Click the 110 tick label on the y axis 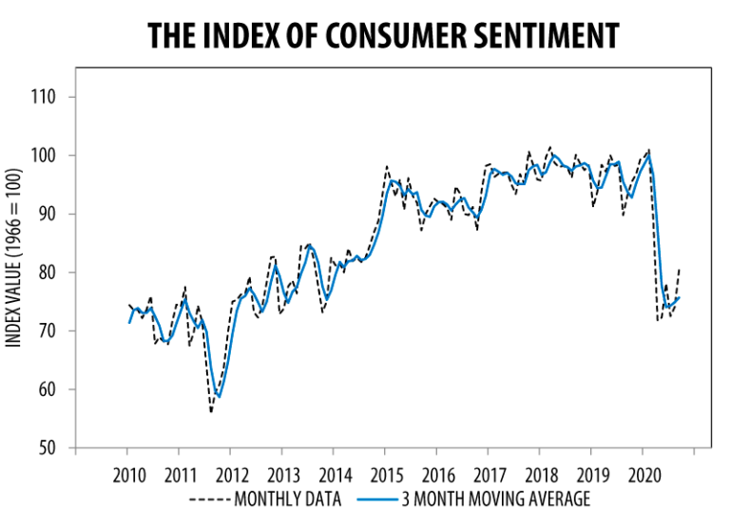(44, 97)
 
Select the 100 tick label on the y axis (44, 156)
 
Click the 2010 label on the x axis (128, 474)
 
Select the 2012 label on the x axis (232, 474)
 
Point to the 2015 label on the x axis (387, 474)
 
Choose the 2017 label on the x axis (490, 474)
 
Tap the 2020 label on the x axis (645, 474)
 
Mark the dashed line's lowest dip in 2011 (211, 411)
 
